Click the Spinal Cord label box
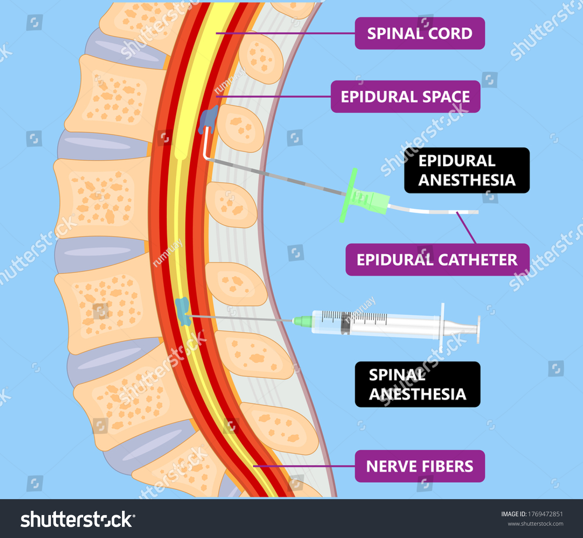[420, 33]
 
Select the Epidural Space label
[405, 97]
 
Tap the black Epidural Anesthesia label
[466, 170]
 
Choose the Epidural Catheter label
[437, 260]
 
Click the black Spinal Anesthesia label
[417, 384]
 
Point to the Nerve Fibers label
[420, 466]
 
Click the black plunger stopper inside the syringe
[345, 324]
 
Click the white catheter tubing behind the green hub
[431, 211]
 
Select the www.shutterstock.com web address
[535, 524]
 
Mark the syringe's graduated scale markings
[354, 316]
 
